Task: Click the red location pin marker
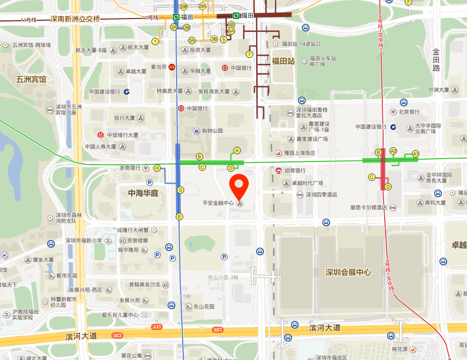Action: pyautogui.click(x=239, y=186)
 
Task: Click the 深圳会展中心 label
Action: pyautogui.click(x=348, y=272)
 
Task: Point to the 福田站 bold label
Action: pyautogui.click(x=283, y=61)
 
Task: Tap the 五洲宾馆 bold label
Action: pyautogui.click(x=31, y=79)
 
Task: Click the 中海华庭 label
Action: pyautogui.click(x=143, y=193)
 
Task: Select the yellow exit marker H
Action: pyautogui.click(x=157, y=168)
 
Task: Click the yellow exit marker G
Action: pyautogui.click(x=180, y=190)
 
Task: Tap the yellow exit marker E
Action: pyautogui.click(x=179, y=217)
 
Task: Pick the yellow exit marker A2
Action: pyautogui.click(x=393, y=150)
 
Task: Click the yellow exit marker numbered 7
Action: pyautogui.click(x=249, y=54)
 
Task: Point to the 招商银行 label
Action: pyautogui.click(x=295, y=170)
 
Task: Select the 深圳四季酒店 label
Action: pyautogui.click(x=321, y=195)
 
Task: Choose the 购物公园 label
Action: pyautogui.click(x=212, y=130)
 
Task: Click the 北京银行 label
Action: pyautogui.click(x=409, y=112)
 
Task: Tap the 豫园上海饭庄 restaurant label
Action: pyautogui.click(x=299, y=153)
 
